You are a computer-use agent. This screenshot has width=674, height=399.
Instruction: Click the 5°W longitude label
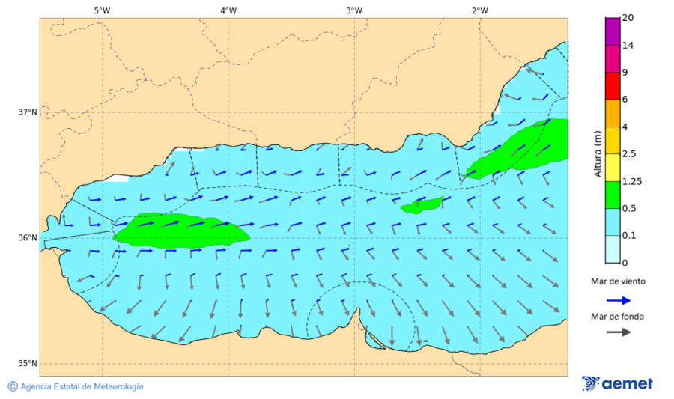pos(103,10)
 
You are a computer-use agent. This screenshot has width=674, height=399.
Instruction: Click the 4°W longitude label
pos(228,10)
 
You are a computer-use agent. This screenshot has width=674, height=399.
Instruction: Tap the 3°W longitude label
pos(354,10)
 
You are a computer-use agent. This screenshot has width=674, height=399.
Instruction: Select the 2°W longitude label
pos(480,10)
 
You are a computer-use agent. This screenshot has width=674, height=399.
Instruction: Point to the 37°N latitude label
pos(28,112)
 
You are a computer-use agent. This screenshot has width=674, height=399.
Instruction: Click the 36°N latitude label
pos(28,238)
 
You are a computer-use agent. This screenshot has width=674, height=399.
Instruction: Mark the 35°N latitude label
pos(28,364)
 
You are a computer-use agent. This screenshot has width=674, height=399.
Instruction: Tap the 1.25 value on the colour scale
pos(633,181)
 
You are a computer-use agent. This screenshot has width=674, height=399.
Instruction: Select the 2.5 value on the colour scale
pos(630,154)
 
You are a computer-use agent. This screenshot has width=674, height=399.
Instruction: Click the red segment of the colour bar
pos(613,86)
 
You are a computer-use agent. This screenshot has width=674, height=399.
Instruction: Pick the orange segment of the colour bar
pos(613,113)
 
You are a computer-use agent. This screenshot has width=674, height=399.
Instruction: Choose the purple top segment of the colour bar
pos(613,31)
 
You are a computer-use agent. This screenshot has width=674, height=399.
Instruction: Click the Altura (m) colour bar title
pos(598,153)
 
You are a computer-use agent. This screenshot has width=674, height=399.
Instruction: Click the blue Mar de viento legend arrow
pos(618,299)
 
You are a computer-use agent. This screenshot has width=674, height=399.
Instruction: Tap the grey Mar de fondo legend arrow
pos(618,332)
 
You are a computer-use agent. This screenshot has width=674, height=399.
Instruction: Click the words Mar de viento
pos(618,281)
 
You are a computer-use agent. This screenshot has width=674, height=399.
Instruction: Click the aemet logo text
pos(628,384)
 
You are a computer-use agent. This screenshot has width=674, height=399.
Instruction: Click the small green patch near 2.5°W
pos(422,205)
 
